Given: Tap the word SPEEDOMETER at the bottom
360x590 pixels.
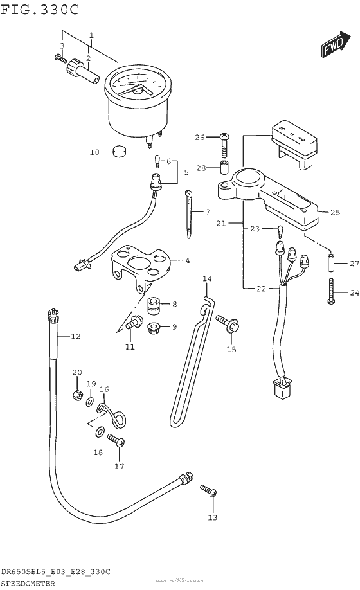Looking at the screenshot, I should pos(28,583).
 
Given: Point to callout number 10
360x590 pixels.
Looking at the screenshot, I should pos(94,152).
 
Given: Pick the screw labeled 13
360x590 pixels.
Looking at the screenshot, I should pos(208,492).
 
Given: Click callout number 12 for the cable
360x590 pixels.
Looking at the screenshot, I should pos(76,336).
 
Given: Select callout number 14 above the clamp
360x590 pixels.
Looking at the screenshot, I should pos(207,278).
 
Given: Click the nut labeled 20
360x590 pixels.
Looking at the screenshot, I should pos(76,391).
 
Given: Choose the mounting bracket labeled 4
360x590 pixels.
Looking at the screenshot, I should pos(141,265).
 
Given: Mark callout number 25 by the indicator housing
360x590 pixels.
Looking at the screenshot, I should pos(334,211).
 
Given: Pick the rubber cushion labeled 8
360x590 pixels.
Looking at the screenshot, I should pos(154,305).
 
